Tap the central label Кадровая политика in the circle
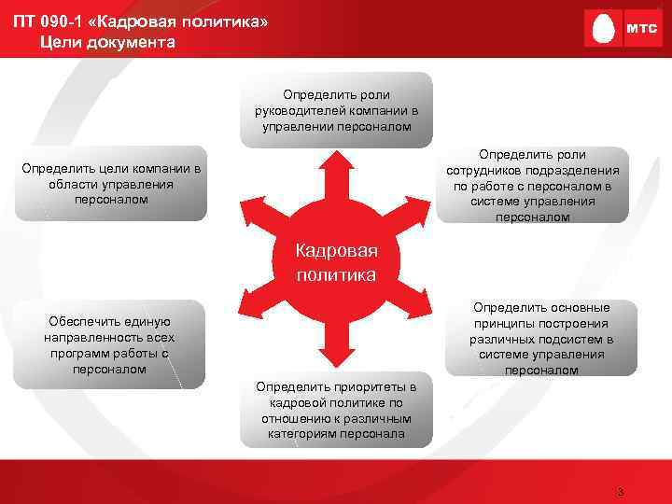(x=336, y=263)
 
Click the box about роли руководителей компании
(x=336, y=110)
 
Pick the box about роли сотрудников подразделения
(x=533, y=185)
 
